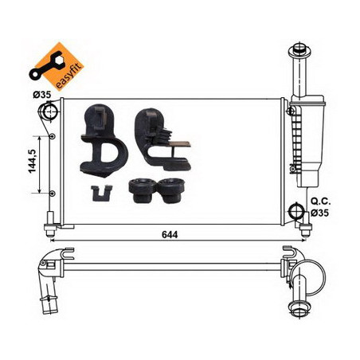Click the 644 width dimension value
[170, 235]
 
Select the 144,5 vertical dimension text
[33, 161]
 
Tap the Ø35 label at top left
[41, 94]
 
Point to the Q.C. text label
[321, 202]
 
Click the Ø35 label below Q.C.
[319, 213]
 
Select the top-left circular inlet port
[49, 112]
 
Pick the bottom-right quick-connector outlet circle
[295, 211]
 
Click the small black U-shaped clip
[101, 194]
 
